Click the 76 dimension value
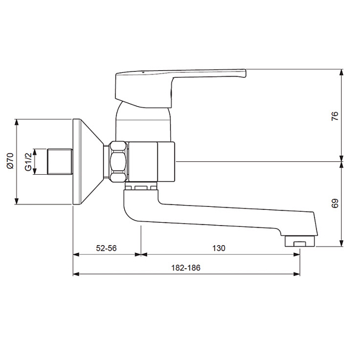point(335,116)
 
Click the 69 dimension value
point(335,203)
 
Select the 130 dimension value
point(219,248)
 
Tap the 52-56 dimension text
point(106,248)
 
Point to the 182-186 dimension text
point(185,268)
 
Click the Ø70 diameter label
point(10,160)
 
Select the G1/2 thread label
point(28,162)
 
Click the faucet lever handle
point(181,88)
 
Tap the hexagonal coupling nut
point(119,161)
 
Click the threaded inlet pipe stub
point(60,161)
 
